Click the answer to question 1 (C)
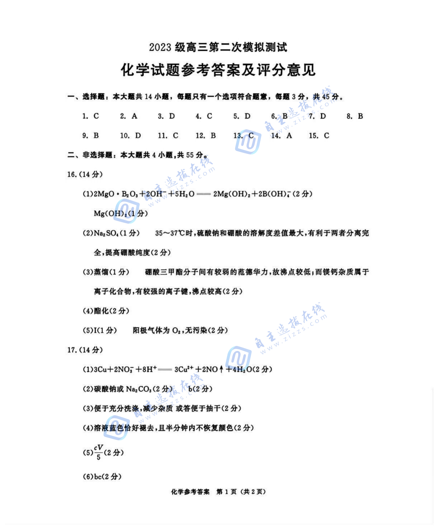pyautogui.click(x=96, y=116)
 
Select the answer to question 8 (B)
pyautogui.click(x=360, y=116)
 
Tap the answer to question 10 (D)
pyautogui.click(x=138, y=136)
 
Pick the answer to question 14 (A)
pyautogui.click(x=289, y=136)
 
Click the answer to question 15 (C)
pyautogui.click(x=326, y=136)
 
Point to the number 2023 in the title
pyautogui.click(x=160, y=47)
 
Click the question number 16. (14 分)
pyautogui.click(x=85, y=175)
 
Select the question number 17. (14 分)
pyautogui.click(x=85, y=350)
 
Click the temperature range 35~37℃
pyautogui.click(x=170, y=233)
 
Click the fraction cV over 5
pyautogui.click(x=99, y=452)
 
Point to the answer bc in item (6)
pyautogui.click(x=98, y=477)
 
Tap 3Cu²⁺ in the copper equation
pyautogui.click(x=184, y=369)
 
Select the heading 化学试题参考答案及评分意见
pyautogui.click(x=218, y=70)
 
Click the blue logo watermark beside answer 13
pyautogui.click(x=248, y=141)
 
